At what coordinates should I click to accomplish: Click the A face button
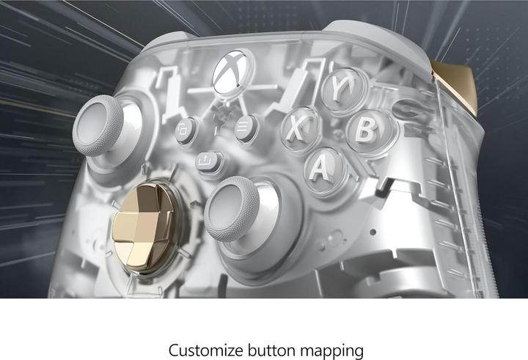(x=323, y=169)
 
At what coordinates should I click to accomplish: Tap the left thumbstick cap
(x=98, y=125)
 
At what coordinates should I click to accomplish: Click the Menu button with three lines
(x=246, y=128)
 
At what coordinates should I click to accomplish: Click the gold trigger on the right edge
(x=456, y=84)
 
